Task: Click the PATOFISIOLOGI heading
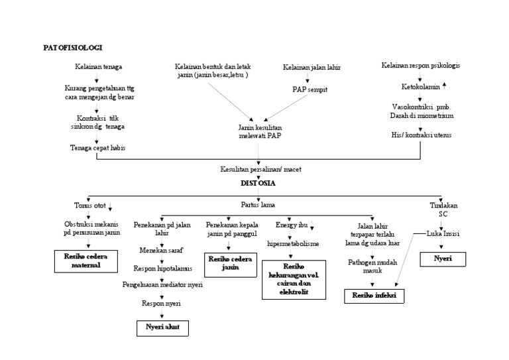pos(72,48)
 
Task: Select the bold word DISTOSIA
pos(257,182)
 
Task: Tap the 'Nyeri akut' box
pos(162,327)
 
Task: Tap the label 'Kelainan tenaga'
pos(98,67)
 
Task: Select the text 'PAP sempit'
pos(310,89)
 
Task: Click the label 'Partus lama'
pos(258,205)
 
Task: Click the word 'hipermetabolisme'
pos(293,243)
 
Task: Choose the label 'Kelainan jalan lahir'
pos(311,68)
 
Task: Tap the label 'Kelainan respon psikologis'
pos(420,65)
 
